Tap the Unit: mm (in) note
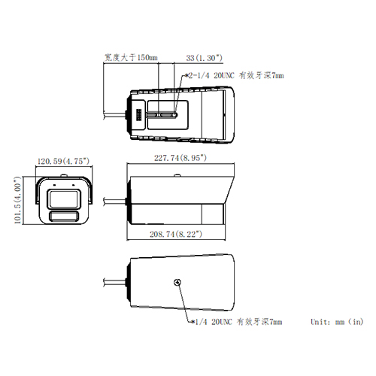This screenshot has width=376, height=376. pos(337,322)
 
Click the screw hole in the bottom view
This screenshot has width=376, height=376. pos(177,284)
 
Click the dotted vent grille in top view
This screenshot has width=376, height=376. pos(138,114)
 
